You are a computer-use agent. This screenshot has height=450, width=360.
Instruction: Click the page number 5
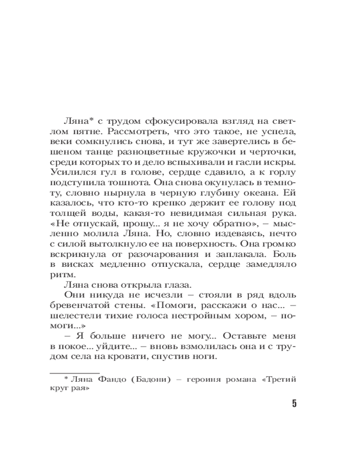[x=294, y=403]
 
